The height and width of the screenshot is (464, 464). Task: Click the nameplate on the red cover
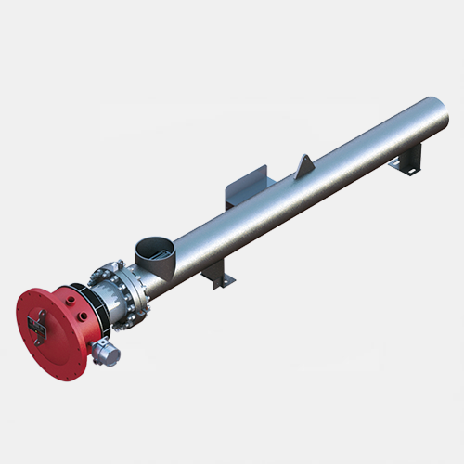[x=38, y=323]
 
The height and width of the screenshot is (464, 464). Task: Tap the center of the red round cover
[x=46, y=320]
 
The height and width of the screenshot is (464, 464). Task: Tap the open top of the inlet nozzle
[x=154, y=247]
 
